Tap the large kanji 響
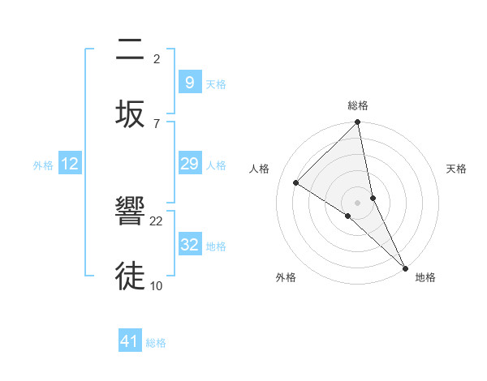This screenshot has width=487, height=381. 130,212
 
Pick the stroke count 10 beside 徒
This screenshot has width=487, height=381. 157,285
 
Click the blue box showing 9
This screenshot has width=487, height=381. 189,82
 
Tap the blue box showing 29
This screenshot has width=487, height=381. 189,164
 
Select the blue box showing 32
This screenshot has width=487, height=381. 189,244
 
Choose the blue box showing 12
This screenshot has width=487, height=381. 70,164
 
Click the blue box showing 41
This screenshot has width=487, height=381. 130,341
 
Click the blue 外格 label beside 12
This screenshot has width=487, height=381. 43,165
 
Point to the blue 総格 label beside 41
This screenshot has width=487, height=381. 156,343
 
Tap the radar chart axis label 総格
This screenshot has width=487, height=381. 357,105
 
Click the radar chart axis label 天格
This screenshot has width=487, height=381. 456,169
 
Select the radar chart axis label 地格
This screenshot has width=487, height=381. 425,277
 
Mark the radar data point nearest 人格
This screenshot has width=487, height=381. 296,183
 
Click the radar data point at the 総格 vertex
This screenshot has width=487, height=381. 357,123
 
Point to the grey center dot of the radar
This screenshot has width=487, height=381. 357,202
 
